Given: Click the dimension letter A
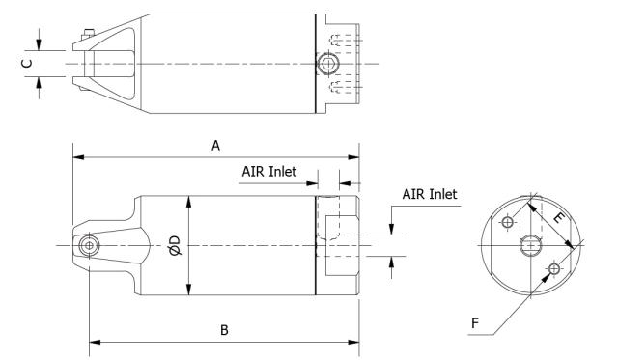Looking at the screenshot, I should coord(216,145).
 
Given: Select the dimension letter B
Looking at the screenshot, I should coord(224,330).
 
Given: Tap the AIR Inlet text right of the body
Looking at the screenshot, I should coord(430,194).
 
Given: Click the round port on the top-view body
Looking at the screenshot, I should coord(328,64).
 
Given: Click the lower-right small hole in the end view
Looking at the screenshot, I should coord(554,268).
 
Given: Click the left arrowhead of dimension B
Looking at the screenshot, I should coord(94,341).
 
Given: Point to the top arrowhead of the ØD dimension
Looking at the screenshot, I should coord(188,200).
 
